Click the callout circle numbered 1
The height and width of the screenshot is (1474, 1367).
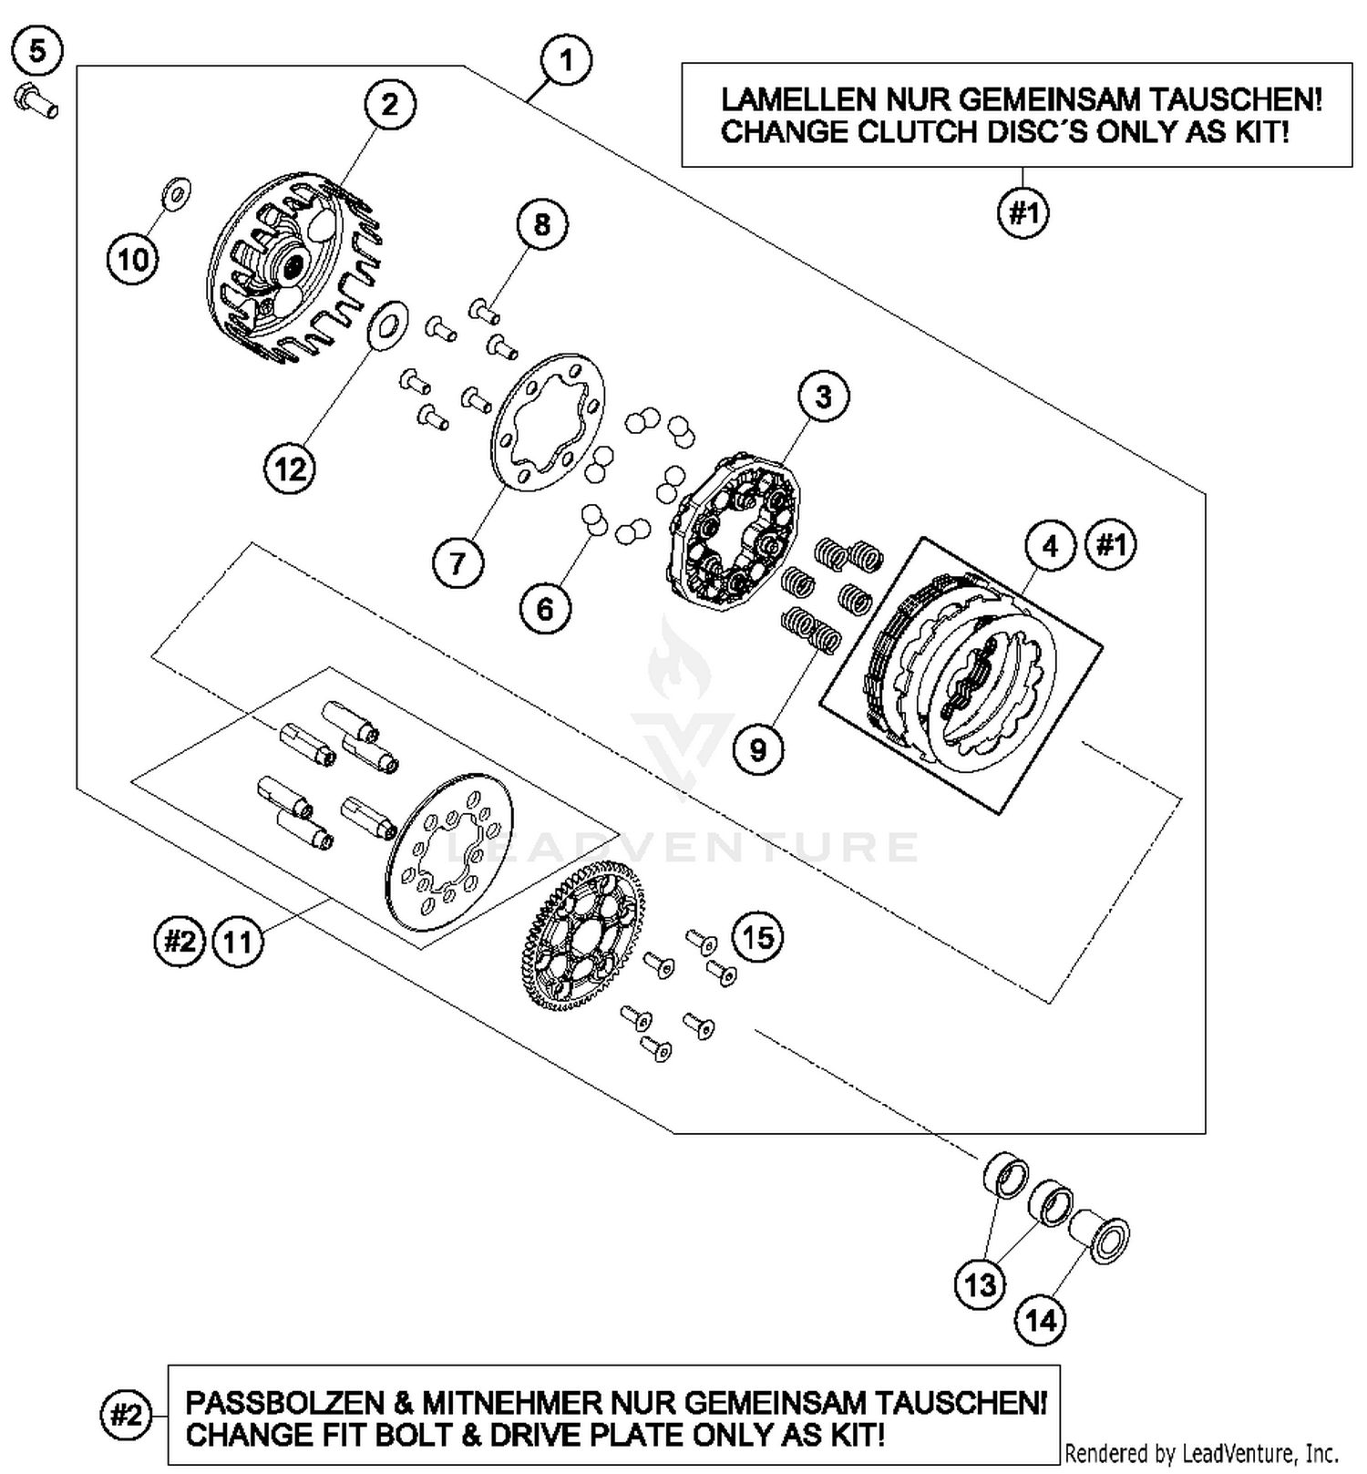click(x=566, y=60)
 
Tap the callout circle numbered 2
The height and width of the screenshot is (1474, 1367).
click(x=390, y=105)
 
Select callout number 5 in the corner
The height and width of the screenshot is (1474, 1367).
click(x=37, y=50)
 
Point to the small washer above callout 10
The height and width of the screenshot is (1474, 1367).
click(x=176, y=192)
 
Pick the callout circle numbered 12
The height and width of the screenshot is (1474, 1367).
click(x=291, y=469)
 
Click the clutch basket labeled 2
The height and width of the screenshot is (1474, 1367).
click(x=287, y=266)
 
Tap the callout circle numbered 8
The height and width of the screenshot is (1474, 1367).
click(x=541, y=224)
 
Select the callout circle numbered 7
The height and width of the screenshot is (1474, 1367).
click(x=457, y=562)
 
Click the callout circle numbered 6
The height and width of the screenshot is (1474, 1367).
click(x=545, y=608)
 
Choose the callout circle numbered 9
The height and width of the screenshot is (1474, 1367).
click(x=758, y=749)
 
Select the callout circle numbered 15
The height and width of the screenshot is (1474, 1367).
click(x=758, y=937)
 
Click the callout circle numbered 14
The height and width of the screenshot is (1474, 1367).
click(x=1041, y=1319)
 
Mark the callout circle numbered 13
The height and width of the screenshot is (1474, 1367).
click(x=981, y=1284)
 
